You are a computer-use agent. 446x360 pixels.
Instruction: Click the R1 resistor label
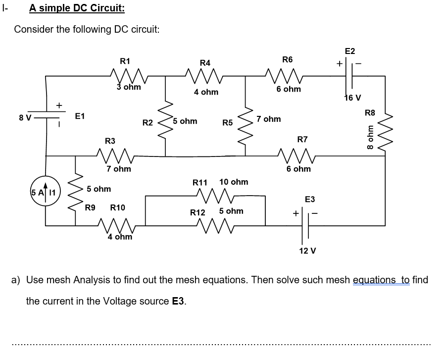click(x=125, y=61)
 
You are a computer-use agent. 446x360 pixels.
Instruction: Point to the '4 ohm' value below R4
click(x=206, y=92)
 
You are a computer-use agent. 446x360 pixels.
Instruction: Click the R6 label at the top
click(x=287, y=59)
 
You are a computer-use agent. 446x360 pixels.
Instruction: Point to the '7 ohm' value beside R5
click(x=269, y=119)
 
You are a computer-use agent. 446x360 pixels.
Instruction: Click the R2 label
click(x=147, y=122)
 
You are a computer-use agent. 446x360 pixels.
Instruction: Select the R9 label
click(x=90, y=207)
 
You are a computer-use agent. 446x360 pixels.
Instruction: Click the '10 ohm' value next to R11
click(x=233, y=182)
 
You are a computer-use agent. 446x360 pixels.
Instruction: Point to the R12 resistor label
click(x=198, y=212)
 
